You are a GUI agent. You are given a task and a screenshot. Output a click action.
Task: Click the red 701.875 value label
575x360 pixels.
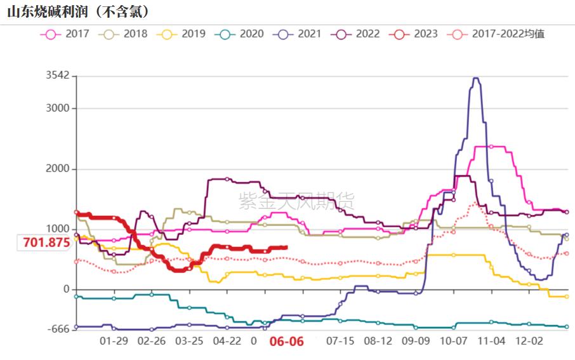point(46,243)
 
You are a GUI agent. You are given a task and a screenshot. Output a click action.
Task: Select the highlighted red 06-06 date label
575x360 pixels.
point(287,342)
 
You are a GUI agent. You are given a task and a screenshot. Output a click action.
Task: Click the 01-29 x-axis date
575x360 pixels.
point(114,341)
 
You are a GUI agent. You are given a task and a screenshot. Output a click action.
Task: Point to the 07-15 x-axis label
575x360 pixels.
point(340,341)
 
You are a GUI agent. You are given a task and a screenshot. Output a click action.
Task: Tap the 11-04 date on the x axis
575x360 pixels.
point(491,341)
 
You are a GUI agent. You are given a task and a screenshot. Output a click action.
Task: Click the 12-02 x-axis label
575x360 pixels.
point(529,341)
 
